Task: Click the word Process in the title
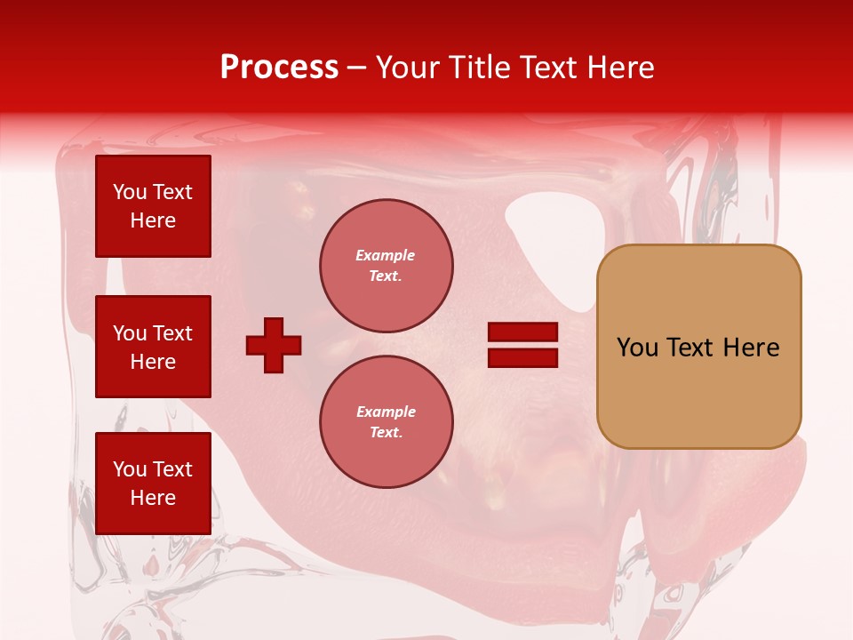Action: [x=279, y=68]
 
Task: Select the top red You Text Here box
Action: [x=153, y=206]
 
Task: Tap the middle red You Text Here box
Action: [x=153, y=347]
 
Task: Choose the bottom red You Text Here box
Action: [x=153, y=483]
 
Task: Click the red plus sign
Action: [x=274, y=345]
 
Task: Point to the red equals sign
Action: [x=522, y=345]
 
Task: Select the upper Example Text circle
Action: [x=387, y=265]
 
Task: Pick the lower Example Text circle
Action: [x=387, y=421]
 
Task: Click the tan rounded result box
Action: [x=698, y=347]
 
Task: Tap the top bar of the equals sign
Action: [x=522, y=332]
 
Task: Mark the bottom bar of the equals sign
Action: [x=522, y=358]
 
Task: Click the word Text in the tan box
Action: [x=692, y=348]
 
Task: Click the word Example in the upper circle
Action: [x=385, y=255]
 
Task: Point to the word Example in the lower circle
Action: [x=386, y=412]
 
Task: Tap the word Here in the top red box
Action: [x=153, y=220]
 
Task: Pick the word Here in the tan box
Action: [x=751, y=348]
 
